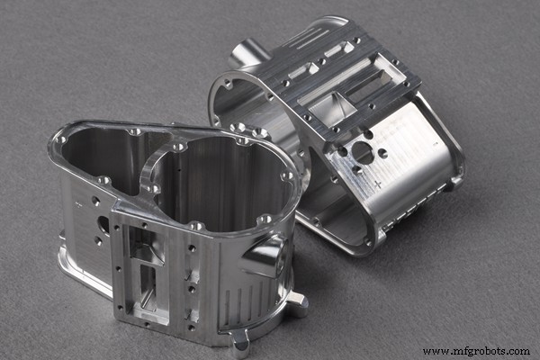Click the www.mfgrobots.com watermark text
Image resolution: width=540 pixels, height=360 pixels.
tap(474, 351)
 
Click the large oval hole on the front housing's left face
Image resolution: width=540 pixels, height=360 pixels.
tap(103, 225)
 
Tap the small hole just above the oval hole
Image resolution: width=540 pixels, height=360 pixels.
tap(96, 202)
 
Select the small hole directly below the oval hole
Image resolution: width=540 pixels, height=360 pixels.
tap(98, 241)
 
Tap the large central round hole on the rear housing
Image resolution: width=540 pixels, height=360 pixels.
tap(363, 152)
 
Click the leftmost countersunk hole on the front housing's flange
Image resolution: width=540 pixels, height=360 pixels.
tap(60, 139)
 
